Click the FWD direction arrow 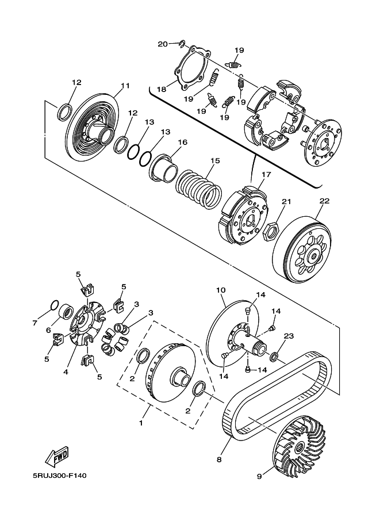point(57,457)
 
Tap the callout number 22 point(324,201)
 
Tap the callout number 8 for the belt point(219,459)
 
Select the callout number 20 point(163,44)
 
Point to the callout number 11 point(125,86)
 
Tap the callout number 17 point(267,174)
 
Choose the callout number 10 point(221,290)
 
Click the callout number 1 point(141,423)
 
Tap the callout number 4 point(66,371)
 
